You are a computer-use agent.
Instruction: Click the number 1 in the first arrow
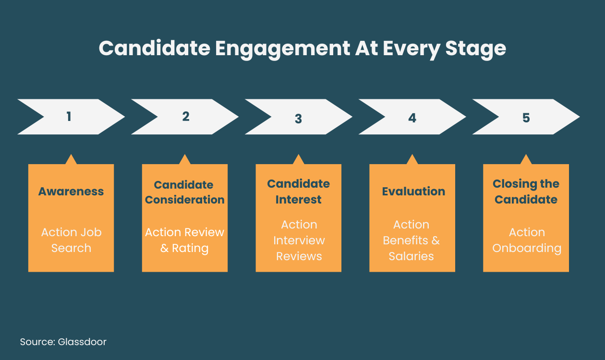(69, 117)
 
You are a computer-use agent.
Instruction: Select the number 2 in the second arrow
(186, 117)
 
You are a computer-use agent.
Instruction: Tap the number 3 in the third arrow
(298, 119)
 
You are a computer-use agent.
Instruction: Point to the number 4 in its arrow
(412, 118)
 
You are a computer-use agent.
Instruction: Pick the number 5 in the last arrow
(526, 118)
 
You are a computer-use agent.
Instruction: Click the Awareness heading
(71, 192)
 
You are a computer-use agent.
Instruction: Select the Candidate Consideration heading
(185, 192)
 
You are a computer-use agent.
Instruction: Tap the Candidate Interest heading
(299, 192)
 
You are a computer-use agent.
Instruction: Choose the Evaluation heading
(413, 192)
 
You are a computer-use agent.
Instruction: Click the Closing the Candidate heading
(526, 192)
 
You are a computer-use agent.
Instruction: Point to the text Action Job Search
(71, 240)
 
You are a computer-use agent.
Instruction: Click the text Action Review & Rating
(185, 240)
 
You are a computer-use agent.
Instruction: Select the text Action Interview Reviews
(299, 240)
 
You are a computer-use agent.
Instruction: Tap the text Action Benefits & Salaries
(411, 240)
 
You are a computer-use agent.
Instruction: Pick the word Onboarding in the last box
(527, 248)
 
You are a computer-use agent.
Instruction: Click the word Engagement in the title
(282, 49)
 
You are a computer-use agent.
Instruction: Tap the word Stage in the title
(476, 49)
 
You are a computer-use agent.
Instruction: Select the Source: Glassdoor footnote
(63, 342)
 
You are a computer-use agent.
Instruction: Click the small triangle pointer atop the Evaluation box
(412, 160)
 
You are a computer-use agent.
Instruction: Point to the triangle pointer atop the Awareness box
(71, 160)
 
